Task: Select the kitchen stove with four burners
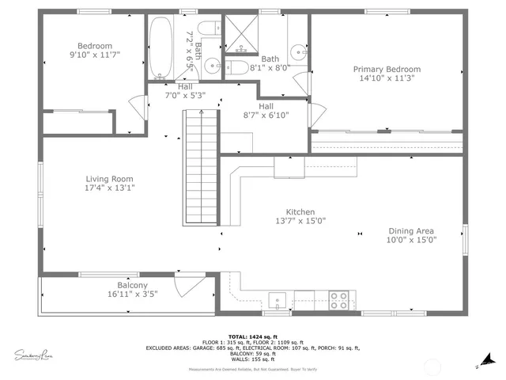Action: pos(338,300)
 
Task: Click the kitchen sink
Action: pos(278,300)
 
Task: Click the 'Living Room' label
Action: pos(109,179)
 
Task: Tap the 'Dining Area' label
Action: pos(410,231)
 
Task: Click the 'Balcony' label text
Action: pos(132,285)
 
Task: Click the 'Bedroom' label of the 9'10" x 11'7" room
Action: pos(95,46)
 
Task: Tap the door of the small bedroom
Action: pos(139,105)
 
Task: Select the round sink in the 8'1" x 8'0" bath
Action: pos(297,53)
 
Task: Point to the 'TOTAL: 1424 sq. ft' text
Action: pos(252,336)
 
